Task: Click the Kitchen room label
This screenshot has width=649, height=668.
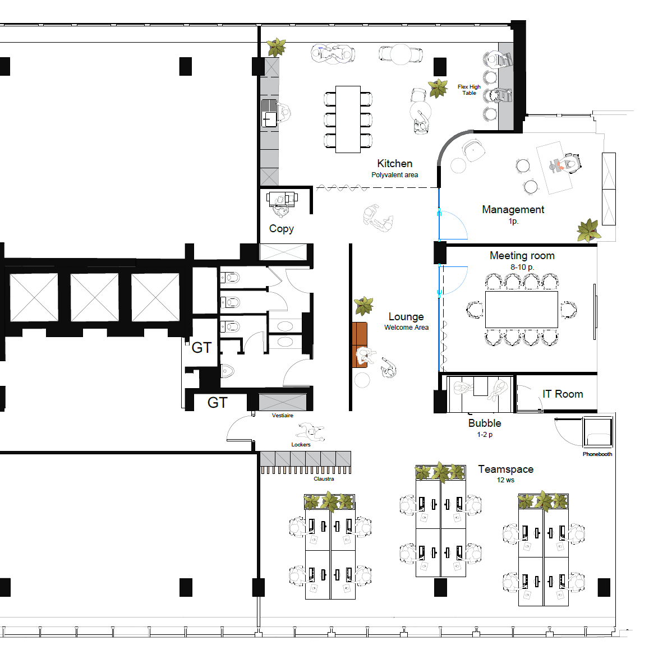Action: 394,164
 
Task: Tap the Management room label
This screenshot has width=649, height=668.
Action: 513,210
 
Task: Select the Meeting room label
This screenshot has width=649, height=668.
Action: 522,256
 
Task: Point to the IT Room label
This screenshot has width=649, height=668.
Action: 563,394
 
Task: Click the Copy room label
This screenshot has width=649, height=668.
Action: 281,229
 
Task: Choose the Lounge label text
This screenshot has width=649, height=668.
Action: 406,316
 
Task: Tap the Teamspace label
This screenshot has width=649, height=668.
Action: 506,469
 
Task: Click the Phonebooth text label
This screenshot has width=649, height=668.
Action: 597,454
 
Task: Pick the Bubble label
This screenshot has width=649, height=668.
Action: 485,423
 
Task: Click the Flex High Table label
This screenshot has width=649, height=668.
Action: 469,90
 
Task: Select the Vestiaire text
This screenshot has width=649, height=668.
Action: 283,416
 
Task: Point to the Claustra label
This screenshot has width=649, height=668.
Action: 324,479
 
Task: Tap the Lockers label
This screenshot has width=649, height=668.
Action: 301,444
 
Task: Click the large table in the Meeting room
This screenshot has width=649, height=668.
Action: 522,309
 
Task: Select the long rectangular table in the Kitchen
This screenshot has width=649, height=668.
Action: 348,119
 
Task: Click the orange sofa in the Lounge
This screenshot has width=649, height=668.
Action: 360,345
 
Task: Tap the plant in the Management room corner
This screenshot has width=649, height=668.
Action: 588,230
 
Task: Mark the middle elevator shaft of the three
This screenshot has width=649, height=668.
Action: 95,297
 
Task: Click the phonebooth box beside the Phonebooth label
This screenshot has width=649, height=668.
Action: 598,431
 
